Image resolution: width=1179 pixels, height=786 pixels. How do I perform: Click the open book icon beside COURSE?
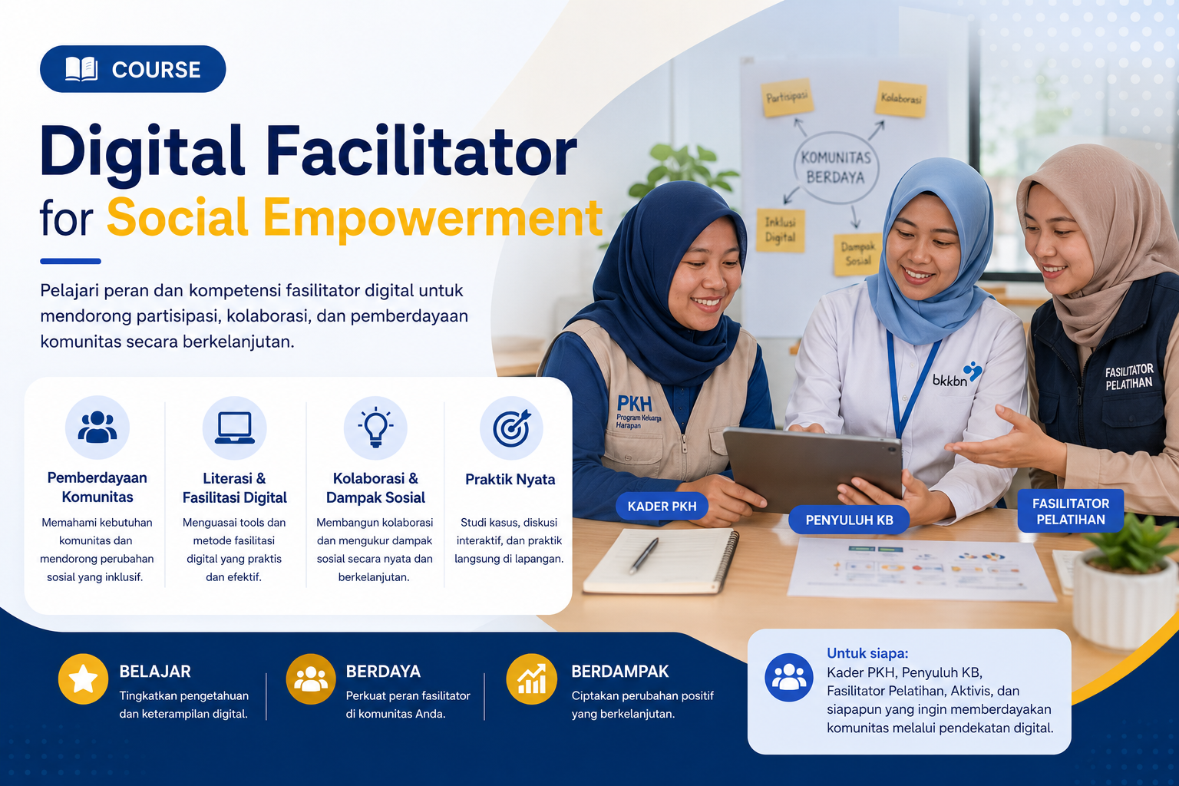click(81, 69)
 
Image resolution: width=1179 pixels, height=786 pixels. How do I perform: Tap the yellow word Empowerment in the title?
click(433, 218)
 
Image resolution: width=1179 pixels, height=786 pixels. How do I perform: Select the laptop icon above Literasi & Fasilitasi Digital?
click(234, 428)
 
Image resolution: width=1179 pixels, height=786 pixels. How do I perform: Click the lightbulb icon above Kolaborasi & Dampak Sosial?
click(375, 427)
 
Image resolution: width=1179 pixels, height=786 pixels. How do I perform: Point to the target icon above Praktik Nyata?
click(512, 428)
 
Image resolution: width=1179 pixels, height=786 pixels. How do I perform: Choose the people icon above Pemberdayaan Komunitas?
click(97, 427)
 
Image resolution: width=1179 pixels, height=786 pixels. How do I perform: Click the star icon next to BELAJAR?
click(83, 679)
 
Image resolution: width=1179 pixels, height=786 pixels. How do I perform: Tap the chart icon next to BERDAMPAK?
click(532, 679)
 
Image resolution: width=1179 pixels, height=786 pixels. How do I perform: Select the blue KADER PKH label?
click(662, 506)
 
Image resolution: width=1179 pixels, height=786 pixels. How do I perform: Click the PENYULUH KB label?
click(849, 520)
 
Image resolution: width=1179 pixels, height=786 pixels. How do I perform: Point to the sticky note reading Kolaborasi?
click(901, 99)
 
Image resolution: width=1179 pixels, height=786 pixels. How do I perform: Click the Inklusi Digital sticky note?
click(781, 230)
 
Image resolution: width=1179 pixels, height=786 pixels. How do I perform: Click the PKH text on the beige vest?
click(634, 404)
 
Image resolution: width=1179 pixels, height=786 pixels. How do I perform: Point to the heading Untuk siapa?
click(867, 653)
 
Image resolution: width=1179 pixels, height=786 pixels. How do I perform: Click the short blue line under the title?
click(71, 261)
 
